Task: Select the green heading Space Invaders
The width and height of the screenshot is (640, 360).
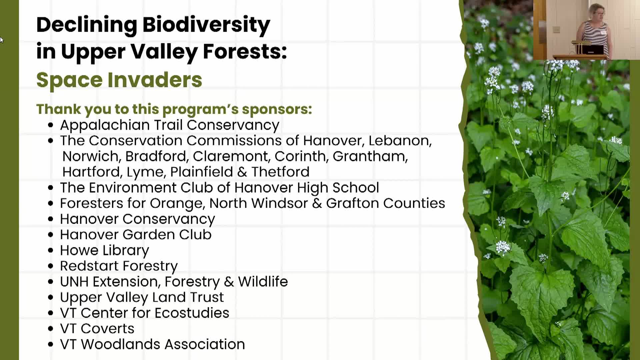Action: [x=119, y=80]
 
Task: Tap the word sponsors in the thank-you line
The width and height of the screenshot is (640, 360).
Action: [x=277, y=109]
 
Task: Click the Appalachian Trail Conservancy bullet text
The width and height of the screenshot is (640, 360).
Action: [x=170, y=125]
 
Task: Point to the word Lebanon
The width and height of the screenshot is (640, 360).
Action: [x=400, y=141]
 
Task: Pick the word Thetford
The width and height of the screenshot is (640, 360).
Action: [x=280, y=172]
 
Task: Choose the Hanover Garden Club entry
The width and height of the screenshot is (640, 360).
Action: [x=136, y=235]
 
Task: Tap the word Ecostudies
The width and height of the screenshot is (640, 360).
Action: [x=192, y=313]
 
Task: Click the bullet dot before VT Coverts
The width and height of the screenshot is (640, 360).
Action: [x=51, y=329]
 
